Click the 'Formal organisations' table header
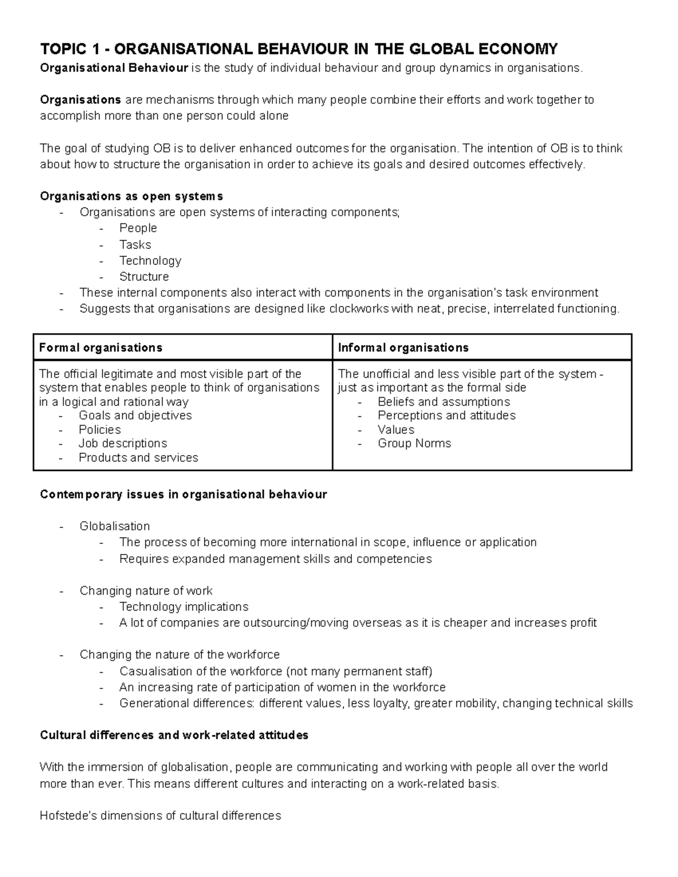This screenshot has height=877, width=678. point(101,348)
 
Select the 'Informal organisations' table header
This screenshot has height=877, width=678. point(403,348)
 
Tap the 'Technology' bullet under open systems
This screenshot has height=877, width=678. point(150,261)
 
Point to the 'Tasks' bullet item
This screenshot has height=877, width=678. point(135,245)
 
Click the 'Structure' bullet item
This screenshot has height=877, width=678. point(144,277)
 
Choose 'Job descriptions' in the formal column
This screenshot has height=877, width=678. point(123,443)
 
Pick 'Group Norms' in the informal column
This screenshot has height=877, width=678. point(414,443)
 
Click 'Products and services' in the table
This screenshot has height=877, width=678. point(138,457)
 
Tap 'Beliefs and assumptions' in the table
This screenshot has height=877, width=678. point(444,402)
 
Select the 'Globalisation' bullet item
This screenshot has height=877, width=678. point(115,526)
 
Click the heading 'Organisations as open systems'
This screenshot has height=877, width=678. point(131,197)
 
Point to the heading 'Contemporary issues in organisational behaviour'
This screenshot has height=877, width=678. point(183,495)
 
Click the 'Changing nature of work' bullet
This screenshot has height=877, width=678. point(146,591)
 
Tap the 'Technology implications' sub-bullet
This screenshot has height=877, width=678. point(184,607)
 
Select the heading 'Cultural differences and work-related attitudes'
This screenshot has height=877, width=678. point(174,735)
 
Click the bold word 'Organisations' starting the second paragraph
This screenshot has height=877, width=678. point(80,100)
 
